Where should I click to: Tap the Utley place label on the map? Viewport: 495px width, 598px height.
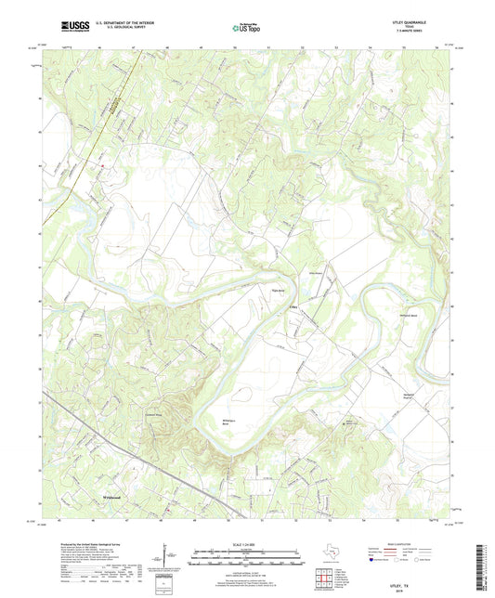(294, 305)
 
